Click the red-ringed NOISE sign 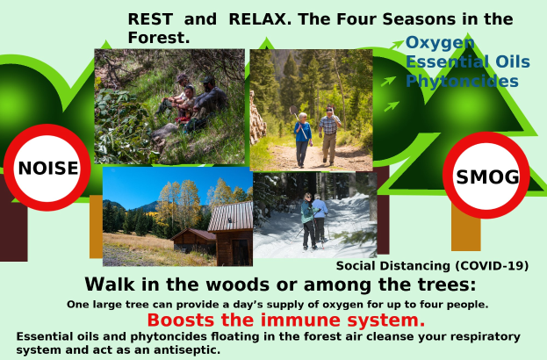coord(47,167)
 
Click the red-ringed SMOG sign coord(486,176)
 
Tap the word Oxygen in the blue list coord(440,43)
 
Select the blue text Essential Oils coord(467,61)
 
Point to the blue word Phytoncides coord(461,81)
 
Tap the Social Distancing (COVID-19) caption coord(432,265)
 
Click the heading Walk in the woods coord(280,284)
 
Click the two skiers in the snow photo coord(313,218)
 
